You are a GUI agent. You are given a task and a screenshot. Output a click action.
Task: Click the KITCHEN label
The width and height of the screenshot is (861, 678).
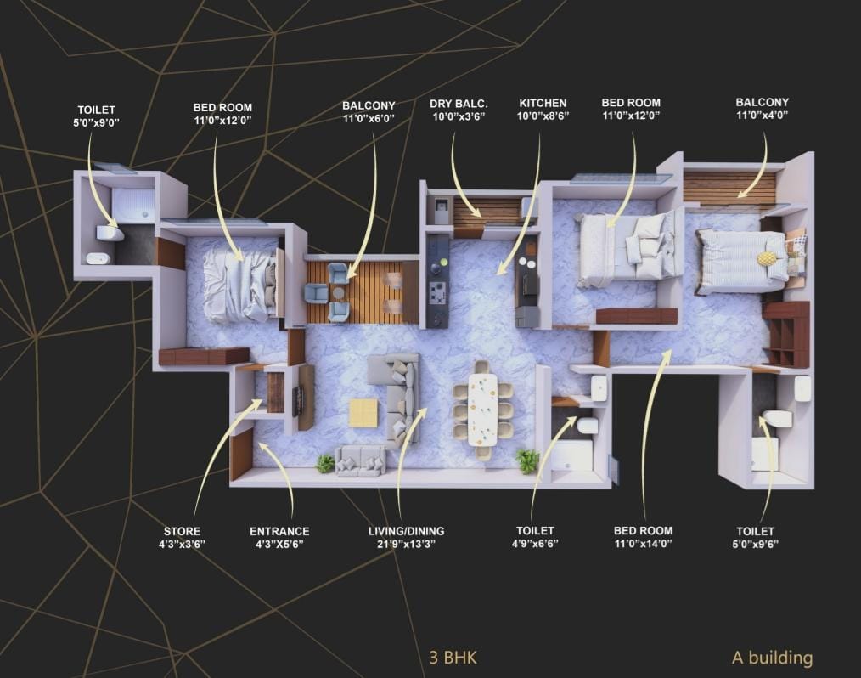543,103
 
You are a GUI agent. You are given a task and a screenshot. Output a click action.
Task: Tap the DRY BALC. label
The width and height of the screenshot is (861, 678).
459,104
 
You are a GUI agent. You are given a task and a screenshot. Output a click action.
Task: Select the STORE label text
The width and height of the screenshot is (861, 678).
183,531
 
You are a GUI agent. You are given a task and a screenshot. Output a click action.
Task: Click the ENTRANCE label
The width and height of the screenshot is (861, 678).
279,531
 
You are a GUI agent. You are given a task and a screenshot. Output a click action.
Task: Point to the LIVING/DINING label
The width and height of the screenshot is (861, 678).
407,531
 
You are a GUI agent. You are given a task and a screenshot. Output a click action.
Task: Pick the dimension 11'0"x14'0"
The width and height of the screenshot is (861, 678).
643,544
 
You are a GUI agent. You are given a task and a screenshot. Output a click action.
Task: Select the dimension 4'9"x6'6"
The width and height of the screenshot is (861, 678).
535,544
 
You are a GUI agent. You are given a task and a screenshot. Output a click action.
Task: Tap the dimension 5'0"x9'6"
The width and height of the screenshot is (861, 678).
756,545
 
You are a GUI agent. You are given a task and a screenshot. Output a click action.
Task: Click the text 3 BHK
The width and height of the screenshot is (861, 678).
453,658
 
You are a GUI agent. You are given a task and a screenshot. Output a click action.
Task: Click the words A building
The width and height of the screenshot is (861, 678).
772,657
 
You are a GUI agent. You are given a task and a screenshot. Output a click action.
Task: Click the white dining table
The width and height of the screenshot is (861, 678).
482,410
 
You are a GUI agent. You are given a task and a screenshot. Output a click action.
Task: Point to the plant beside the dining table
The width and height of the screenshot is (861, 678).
527,460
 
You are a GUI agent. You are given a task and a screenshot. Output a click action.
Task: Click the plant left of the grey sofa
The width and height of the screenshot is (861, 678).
325,464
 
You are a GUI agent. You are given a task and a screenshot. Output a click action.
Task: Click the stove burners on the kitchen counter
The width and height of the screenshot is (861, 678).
437,291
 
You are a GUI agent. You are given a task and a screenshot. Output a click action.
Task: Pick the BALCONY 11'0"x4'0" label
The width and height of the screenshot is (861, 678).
763,109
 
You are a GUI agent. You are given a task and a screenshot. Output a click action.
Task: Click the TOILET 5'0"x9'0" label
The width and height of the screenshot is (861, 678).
96,116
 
